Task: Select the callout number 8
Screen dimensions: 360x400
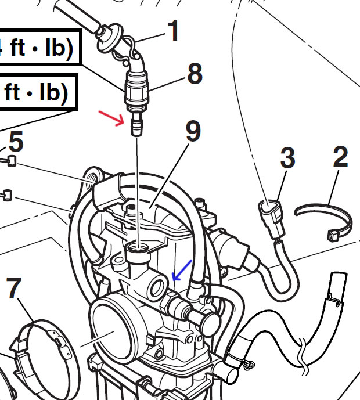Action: [195, 74]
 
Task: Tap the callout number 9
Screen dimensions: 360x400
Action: [193, 131]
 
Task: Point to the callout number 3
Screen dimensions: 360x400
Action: [287, 157]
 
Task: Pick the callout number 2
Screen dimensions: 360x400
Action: [341, 156]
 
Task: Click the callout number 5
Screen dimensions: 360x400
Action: [16, 141]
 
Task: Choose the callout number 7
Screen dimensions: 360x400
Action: [13, 287]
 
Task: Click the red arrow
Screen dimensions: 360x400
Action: [111, 118]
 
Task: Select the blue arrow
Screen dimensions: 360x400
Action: [182, 271]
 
